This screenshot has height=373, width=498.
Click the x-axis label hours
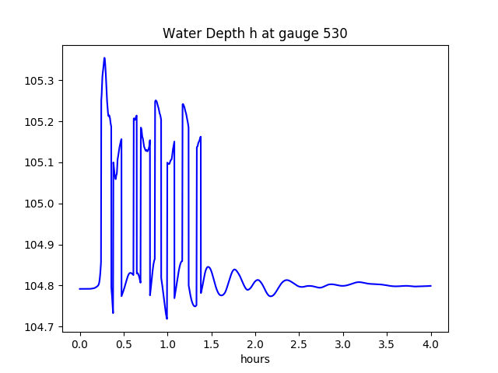click(255, 360)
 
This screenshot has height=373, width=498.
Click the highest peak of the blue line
click(104, 58)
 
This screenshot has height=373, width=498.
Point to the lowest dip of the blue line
click(167, 319)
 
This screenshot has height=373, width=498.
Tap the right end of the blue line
click(431, 286)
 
